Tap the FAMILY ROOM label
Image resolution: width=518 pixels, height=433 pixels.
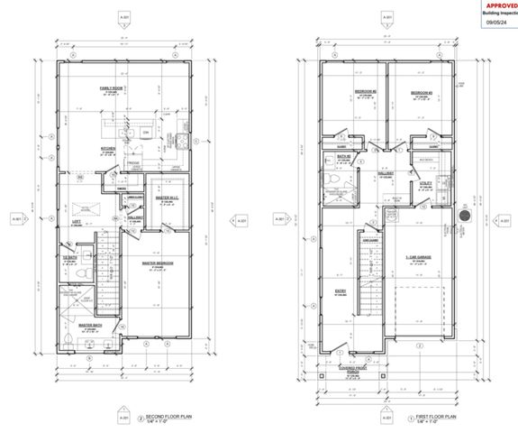[112, 88]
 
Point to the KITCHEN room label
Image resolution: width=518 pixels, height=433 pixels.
[107, 151]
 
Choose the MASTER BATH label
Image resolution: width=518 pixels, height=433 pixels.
[88, 326]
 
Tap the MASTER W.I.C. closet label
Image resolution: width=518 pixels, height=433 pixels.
[167, 198]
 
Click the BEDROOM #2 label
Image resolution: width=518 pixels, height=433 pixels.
[364, 92]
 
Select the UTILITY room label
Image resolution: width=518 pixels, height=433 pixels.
[426, 182]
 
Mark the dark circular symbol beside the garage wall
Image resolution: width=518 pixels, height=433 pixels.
[464, 216]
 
